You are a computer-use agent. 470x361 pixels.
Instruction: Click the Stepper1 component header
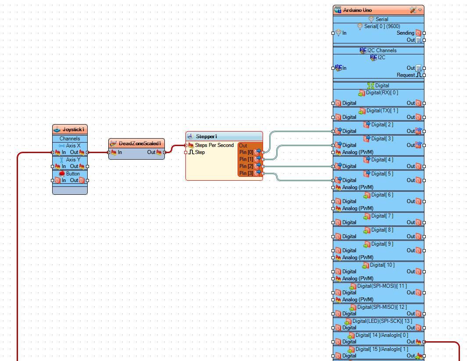[207, 136]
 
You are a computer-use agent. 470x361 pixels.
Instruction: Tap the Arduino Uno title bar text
[357, 10]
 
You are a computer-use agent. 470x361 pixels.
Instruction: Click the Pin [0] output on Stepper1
[246, 152]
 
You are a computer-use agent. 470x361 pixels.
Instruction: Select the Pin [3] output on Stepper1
[246, 173]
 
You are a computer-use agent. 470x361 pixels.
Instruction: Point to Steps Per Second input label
[214, 145]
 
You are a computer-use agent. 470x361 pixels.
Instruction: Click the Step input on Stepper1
[199, 152]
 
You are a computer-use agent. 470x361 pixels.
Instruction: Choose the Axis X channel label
[73, 146]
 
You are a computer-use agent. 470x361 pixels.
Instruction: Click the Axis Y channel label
[73, 160]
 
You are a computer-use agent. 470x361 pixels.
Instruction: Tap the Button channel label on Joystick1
[73, 174]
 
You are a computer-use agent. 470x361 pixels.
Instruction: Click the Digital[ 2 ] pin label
[382, 125]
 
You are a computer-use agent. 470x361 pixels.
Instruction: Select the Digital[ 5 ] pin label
[382, 174]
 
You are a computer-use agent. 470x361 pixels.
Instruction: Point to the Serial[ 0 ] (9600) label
[382, 26]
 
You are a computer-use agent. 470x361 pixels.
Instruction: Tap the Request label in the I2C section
[406, 75]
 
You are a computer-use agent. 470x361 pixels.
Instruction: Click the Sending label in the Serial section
[405, 33]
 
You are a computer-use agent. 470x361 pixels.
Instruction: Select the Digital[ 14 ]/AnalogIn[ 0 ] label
[381, 335]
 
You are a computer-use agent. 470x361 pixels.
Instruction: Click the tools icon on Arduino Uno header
[413, 10]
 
